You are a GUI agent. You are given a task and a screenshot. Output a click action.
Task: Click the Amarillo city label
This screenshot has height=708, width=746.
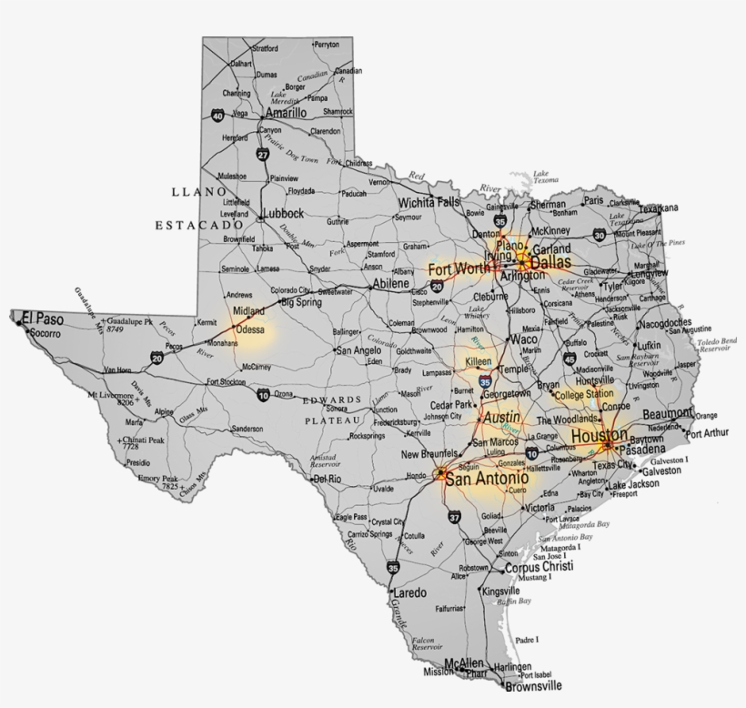(x=285, y=113)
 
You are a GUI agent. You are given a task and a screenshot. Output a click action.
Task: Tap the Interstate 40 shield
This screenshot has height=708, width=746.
(x=217, y=116)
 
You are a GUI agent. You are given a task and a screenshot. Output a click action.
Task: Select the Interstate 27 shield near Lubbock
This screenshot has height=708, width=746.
(x=262, y=155)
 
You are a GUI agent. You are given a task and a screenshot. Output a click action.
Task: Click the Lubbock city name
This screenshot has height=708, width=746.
(x=280, y=214)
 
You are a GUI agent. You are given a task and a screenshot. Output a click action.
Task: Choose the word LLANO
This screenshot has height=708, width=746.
(x=197, y=192)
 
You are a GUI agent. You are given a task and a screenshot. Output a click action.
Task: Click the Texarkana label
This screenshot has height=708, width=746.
(x=658, y=208)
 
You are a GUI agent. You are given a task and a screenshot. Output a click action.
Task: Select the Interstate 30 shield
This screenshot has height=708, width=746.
(x=600, y=235)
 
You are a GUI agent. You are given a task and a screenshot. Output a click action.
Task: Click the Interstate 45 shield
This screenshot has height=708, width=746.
(x=569, y=359)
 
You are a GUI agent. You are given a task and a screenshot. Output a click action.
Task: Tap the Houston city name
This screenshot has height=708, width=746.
(x=599, y=435)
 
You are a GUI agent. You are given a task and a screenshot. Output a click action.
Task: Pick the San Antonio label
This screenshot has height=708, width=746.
(x=487, y=478)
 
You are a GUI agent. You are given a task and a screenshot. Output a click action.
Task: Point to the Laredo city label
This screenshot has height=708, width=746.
(x=409, y=592)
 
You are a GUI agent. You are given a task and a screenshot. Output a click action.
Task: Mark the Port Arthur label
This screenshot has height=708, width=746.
(x=708, y=433)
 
